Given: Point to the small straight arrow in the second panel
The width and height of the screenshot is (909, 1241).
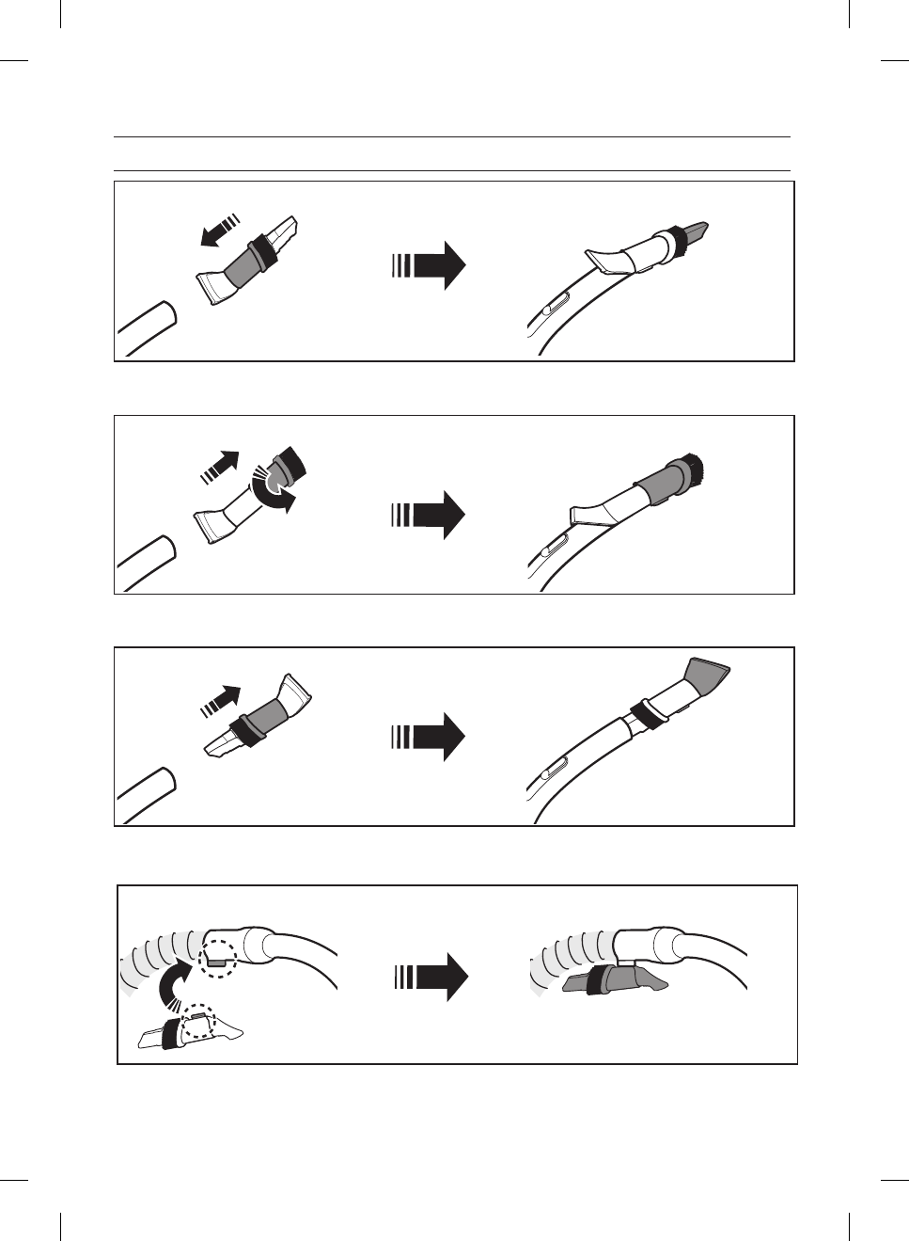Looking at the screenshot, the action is pos(220,465).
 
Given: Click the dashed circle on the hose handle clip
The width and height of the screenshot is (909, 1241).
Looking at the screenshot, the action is pos(219,959).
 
